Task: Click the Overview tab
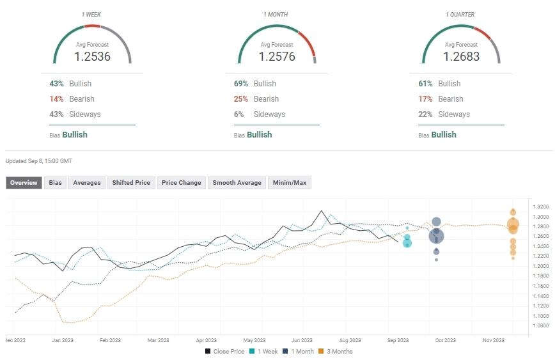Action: [x=24, y=183]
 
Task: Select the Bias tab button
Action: [x=56, y=183]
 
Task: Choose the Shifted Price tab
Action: [x=131, y=183]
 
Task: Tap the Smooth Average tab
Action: [x=237, y=183]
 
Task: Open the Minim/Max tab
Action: [x=290, y=183]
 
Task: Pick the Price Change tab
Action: [x=181, y=183]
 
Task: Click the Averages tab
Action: [x=86, y=183]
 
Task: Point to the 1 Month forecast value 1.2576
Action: [x=277, y=57]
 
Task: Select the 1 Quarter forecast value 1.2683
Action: [x=461, y=57]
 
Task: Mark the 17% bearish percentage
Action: [x=425, y=99]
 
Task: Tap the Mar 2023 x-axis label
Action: [x=159, y=340]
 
